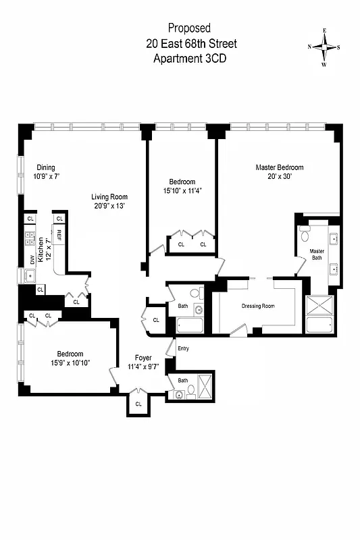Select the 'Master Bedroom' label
click(x=279, y=167)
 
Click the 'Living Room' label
click(x=109, y=197)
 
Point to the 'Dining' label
click(x=46, y=168)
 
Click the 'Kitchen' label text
click(x=41, y=250)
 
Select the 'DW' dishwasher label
click(x=31, y=260)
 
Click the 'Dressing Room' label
click(x=258, y=306)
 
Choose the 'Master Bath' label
click(x=317, y=254)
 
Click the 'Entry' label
click(x=183, y=348)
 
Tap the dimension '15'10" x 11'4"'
click(x=182, y=190)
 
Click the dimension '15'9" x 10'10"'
click(x=70, y=363)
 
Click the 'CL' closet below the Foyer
click(x=138, y=404)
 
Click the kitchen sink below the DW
click(x=30, y=276)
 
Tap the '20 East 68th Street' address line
click(x=191, y=44)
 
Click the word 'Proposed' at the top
click(x=189, y=28)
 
